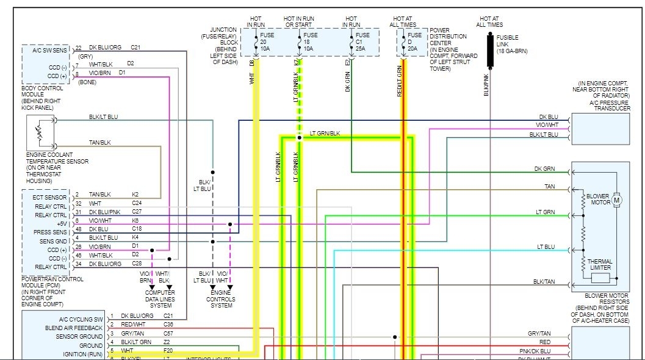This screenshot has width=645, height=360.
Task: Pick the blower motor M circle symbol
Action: point(616,200)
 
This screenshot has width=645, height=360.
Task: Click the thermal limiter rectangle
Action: point(600,278)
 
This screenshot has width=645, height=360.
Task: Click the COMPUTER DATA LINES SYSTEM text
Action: point(159,299)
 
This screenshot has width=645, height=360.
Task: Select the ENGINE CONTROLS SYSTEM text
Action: point(221,299)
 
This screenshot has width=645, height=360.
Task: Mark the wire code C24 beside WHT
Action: point(136,203)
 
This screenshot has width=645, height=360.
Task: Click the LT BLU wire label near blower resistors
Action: point(546,247)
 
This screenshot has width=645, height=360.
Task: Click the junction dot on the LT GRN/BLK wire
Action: point(299,138)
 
